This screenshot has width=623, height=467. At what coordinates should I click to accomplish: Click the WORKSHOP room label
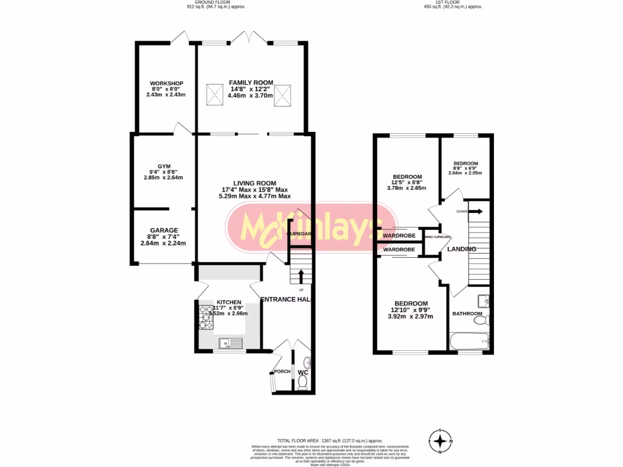[x=167, y=83]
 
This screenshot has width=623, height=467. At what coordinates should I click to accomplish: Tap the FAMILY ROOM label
[x=251, y=83]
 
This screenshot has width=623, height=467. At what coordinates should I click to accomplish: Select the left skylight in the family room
[x=214, y=94]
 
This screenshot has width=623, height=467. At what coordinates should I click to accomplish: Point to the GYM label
[x=164, y=166]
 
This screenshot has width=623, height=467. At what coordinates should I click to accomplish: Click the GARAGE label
[x=164, y=230]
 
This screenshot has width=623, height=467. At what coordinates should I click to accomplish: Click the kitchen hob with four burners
[x=204, y=317]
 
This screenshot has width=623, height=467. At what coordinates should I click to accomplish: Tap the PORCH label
[x=282, y=372]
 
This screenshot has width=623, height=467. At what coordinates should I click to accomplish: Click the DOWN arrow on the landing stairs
[x=475, y=212]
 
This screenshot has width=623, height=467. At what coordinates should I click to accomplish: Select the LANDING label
[x=461, y=249]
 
